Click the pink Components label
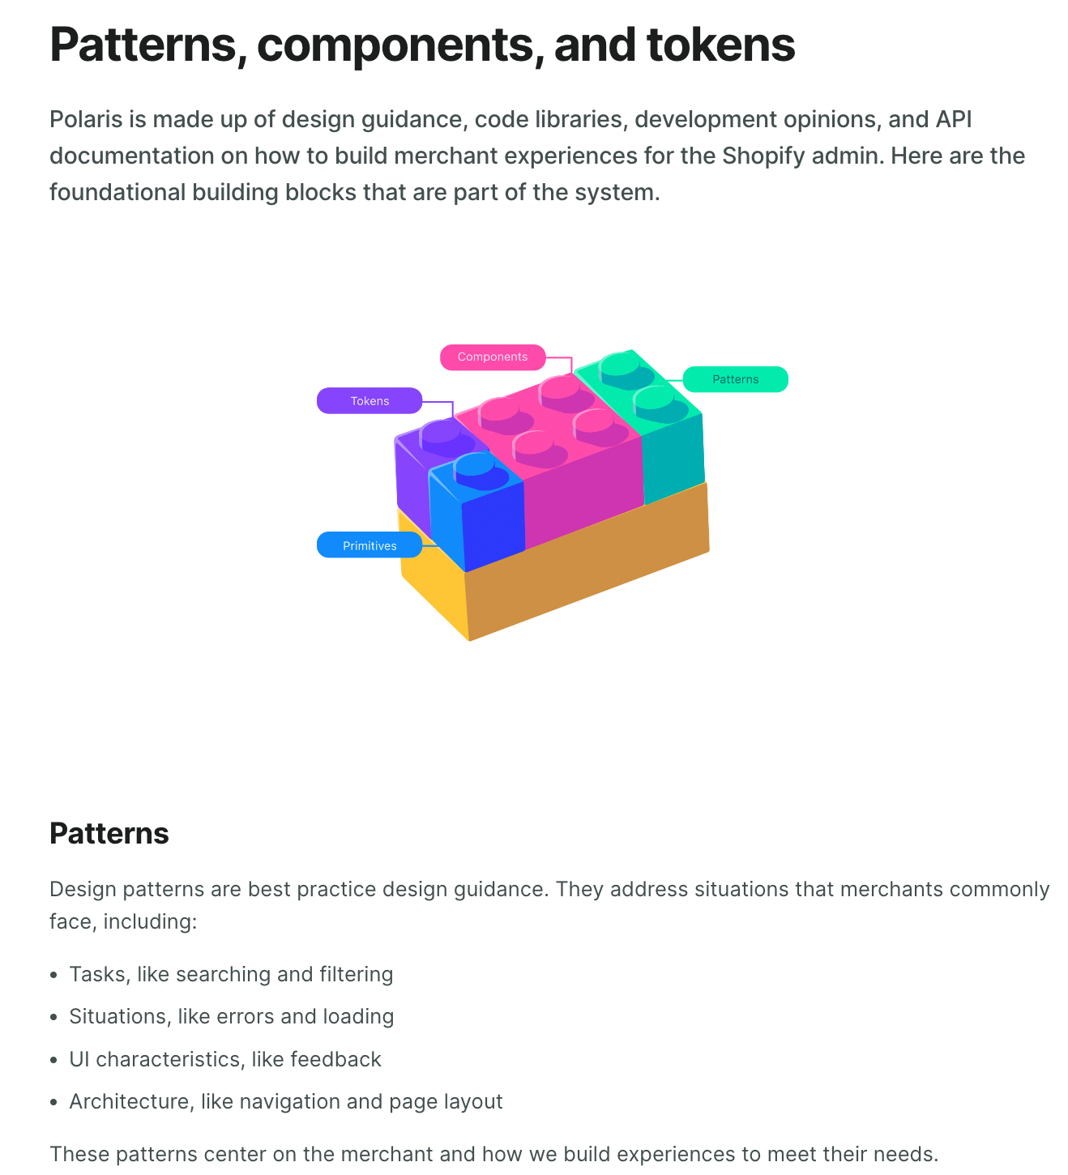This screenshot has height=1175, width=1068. (493, 357)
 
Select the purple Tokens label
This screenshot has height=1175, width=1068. (370, 401)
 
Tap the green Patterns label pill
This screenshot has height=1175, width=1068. (735, 379)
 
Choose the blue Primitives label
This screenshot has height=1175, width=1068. (370, 545)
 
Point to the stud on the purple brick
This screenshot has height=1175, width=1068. (440, 432)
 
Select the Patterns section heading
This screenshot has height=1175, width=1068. (109, 833)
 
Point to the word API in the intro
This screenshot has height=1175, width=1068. (954, 119)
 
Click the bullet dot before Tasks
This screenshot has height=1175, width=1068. (53, 975)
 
